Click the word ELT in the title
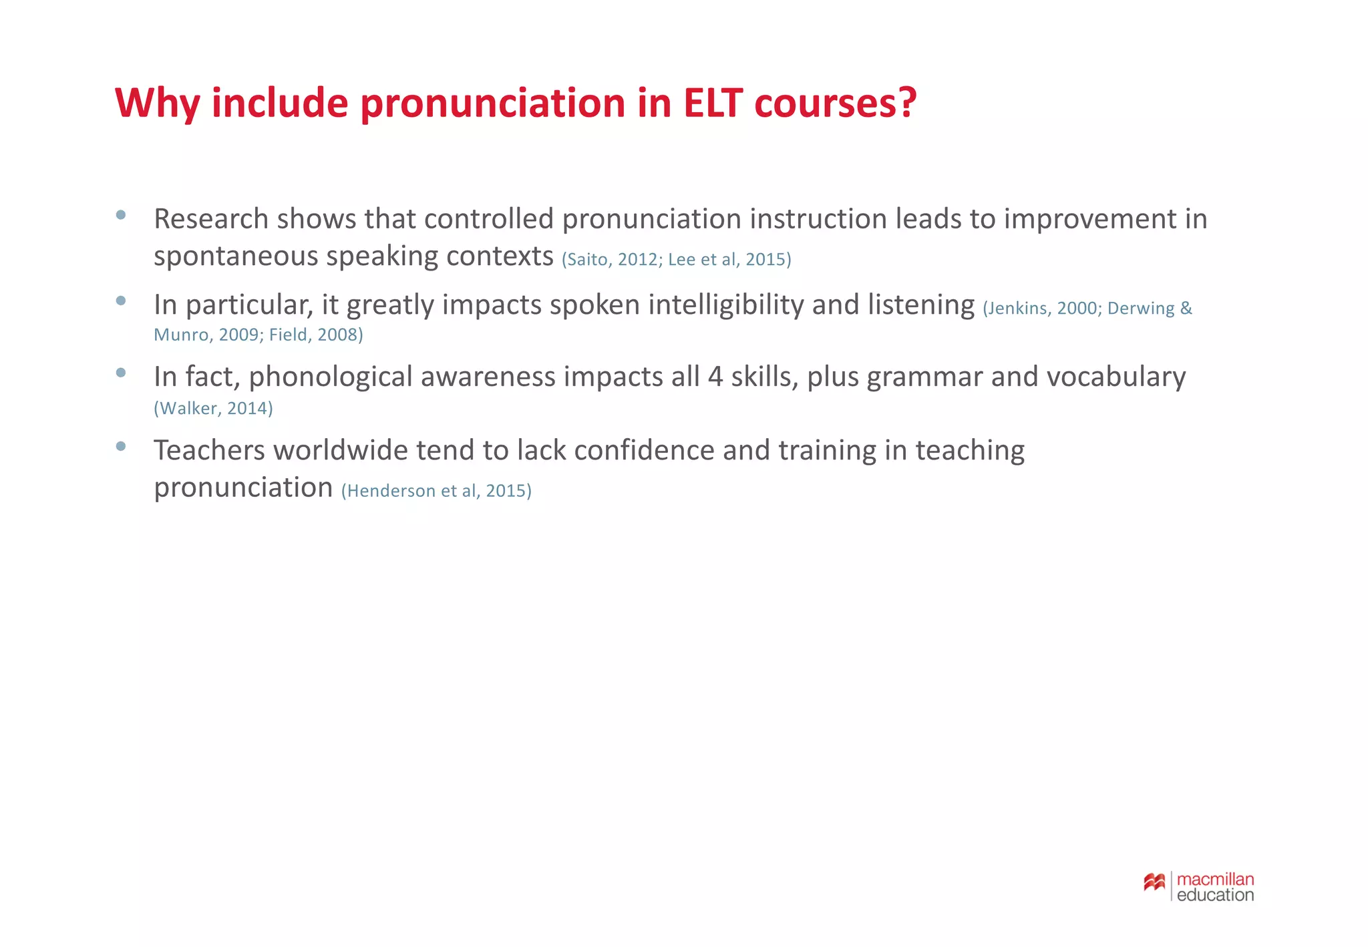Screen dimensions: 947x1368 (x=712, y=104)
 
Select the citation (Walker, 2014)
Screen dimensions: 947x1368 (x=213, y=408)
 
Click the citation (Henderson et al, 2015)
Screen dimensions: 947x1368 (x=436, y=491)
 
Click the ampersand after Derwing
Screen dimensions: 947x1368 (x=1186, y=308)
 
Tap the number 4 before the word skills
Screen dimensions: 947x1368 (x=715, y=377)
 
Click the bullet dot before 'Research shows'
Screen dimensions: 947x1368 (x=121, y=215)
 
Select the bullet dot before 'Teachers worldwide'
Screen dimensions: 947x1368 (x=121, y=446)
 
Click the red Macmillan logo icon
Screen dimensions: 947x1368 (x=1154, y=883)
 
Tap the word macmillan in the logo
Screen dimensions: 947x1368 (x=1215, y=879)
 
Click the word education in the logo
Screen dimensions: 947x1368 (x=1215, y=896)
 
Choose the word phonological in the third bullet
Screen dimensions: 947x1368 (x=331, y=377)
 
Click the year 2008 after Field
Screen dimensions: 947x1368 (x=338, y=335)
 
